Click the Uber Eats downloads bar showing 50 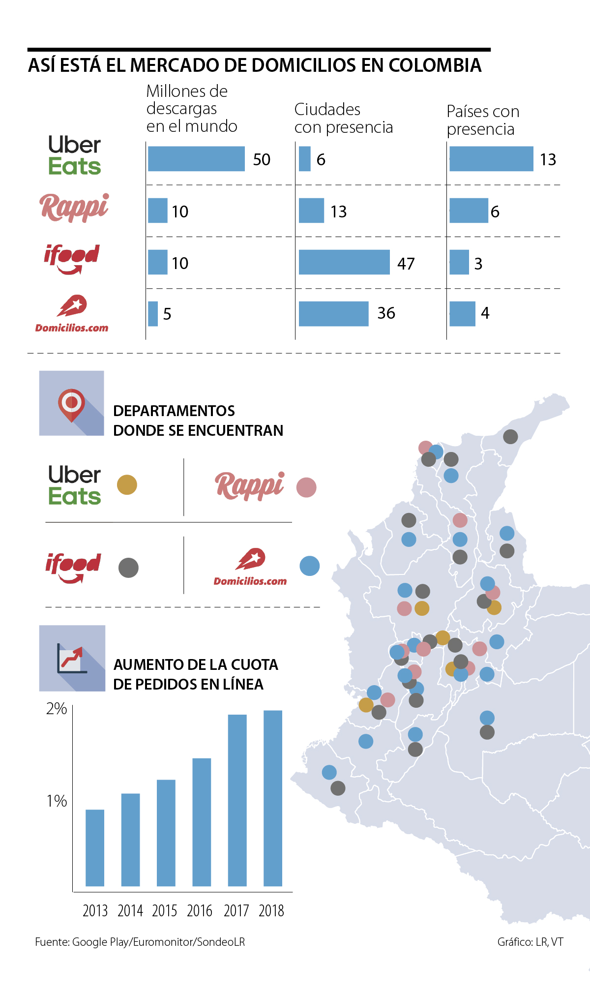point(196,159)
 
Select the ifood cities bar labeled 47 point(344,262)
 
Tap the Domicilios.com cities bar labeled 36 point(333,314)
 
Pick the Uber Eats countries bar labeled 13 point(491,159)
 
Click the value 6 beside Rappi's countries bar point(495,211)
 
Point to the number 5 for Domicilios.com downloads point(167,314)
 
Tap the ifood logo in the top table point(72,258)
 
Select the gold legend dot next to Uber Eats point(127,485)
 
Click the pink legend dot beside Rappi point(306,487)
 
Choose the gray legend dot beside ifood point(128,568)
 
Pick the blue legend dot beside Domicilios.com point(309,566)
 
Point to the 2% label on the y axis point(57,709)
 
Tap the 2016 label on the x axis point(200,911)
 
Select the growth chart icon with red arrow point(72,658)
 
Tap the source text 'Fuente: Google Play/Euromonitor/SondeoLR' point(140,942)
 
